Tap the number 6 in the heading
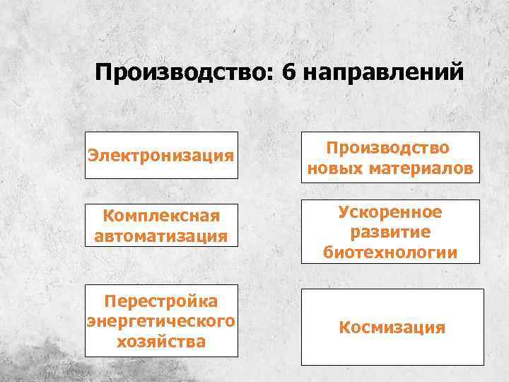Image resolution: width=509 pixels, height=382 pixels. (287, 73)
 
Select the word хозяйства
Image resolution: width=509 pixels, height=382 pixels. (161, 342)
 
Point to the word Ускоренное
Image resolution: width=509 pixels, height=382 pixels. (390, 212)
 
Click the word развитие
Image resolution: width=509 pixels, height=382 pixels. (390, 232)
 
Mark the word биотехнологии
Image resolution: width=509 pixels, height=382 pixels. (390, 252)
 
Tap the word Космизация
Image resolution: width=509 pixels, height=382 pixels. (392, 328)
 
